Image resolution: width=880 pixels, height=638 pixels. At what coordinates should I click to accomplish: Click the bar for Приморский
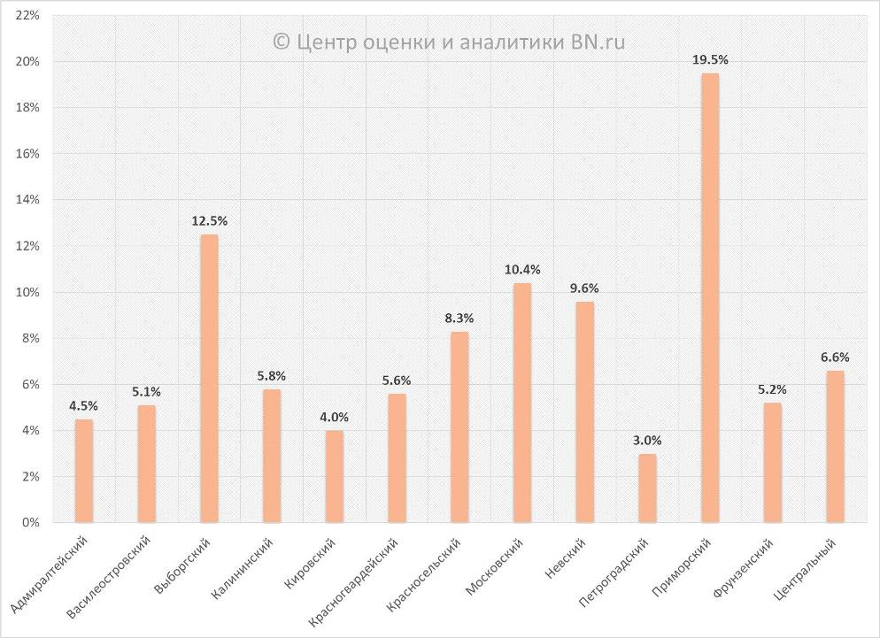tap(710, 298)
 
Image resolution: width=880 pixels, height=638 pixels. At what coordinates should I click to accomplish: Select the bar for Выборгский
tap(209, 379)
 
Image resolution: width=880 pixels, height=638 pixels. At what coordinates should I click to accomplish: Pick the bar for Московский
tap(522, 403)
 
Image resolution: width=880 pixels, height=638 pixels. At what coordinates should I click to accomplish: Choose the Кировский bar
tap(334, 476)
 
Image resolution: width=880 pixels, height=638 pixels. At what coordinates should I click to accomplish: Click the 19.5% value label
tap(710, 59)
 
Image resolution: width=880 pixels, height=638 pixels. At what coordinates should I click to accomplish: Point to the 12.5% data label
tap(209, 220)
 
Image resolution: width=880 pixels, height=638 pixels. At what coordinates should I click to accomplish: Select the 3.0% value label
tap(647, 440)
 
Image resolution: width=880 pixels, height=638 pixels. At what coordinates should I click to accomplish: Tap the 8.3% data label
tap(459, 317)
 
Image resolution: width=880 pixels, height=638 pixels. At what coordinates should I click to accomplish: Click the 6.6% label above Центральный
tap(835, 357)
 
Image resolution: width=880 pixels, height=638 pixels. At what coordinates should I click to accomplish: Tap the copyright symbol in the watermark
tap(281, 42)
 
